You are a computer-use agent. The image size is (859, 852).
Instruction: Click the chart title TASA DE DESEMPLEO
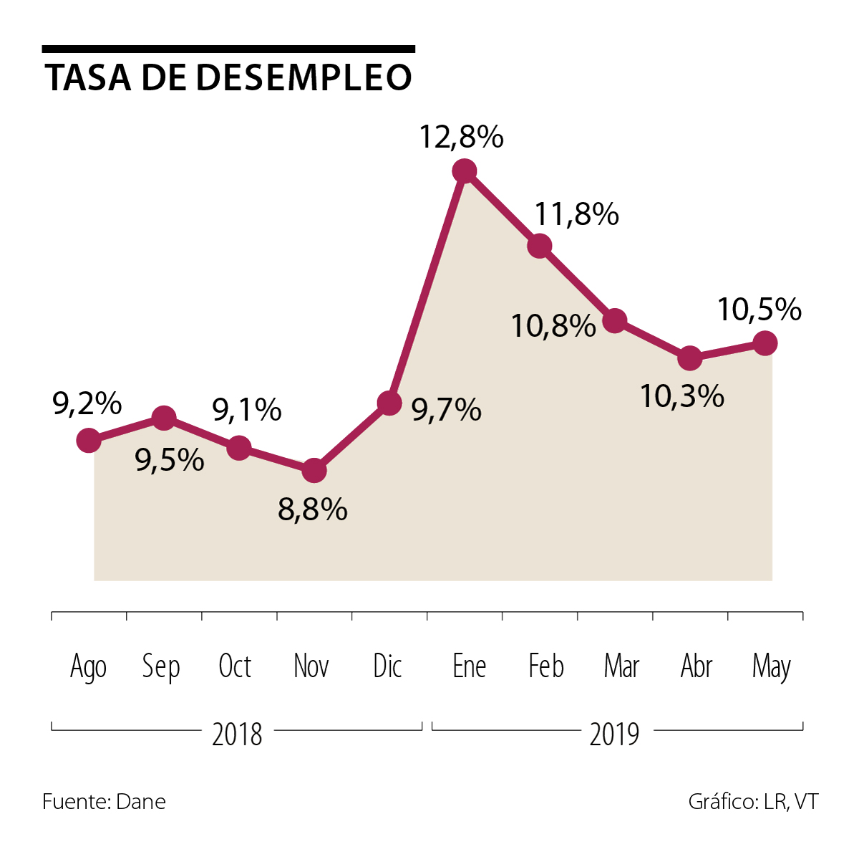click(228, 77)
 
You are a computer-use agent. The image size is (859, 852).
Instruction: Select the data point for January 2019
click(465, 171)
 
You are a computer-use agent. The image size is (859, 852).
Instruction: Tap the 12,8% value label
click(461, 137)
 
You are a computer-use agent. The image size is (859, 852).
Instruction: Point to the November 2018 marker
click(314, 471)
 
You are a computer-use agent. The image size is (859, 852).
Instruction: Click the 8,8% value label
click(313, 509)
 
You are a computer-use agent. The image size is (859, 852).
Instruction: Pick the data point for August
click(89, 440)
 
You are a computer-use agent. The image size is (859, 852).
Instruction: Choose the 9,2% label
click(87, 404)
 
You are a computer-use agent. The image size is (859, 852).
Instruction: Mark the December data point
click(389, 403)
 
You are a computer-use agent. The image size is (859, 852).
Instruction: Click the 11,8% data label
click(577, 214)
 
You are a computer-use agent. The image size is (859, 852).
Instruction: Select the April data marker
click(689, 358)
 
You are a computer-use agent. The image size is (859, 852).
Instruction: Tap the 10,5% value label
click(759, 310)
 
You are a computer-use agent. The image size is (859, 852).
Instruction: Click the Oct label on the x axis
click(235, 666)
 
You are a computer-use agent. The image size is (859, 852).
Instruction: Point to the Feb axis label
click(546, 666)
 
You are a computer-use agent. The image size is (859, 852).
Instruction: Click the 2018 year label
click(237, 734)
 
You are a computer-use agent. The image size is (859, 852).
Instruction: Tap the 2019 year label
click(614, 734)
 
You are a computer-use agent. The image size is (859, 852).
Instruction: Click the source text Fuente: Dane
click(104, 801)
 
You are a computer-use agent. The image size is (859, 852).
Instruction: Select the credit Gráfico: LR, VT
click(753, 801)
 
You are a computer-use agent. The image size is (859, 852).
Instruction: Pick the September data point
click(164, 418)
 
